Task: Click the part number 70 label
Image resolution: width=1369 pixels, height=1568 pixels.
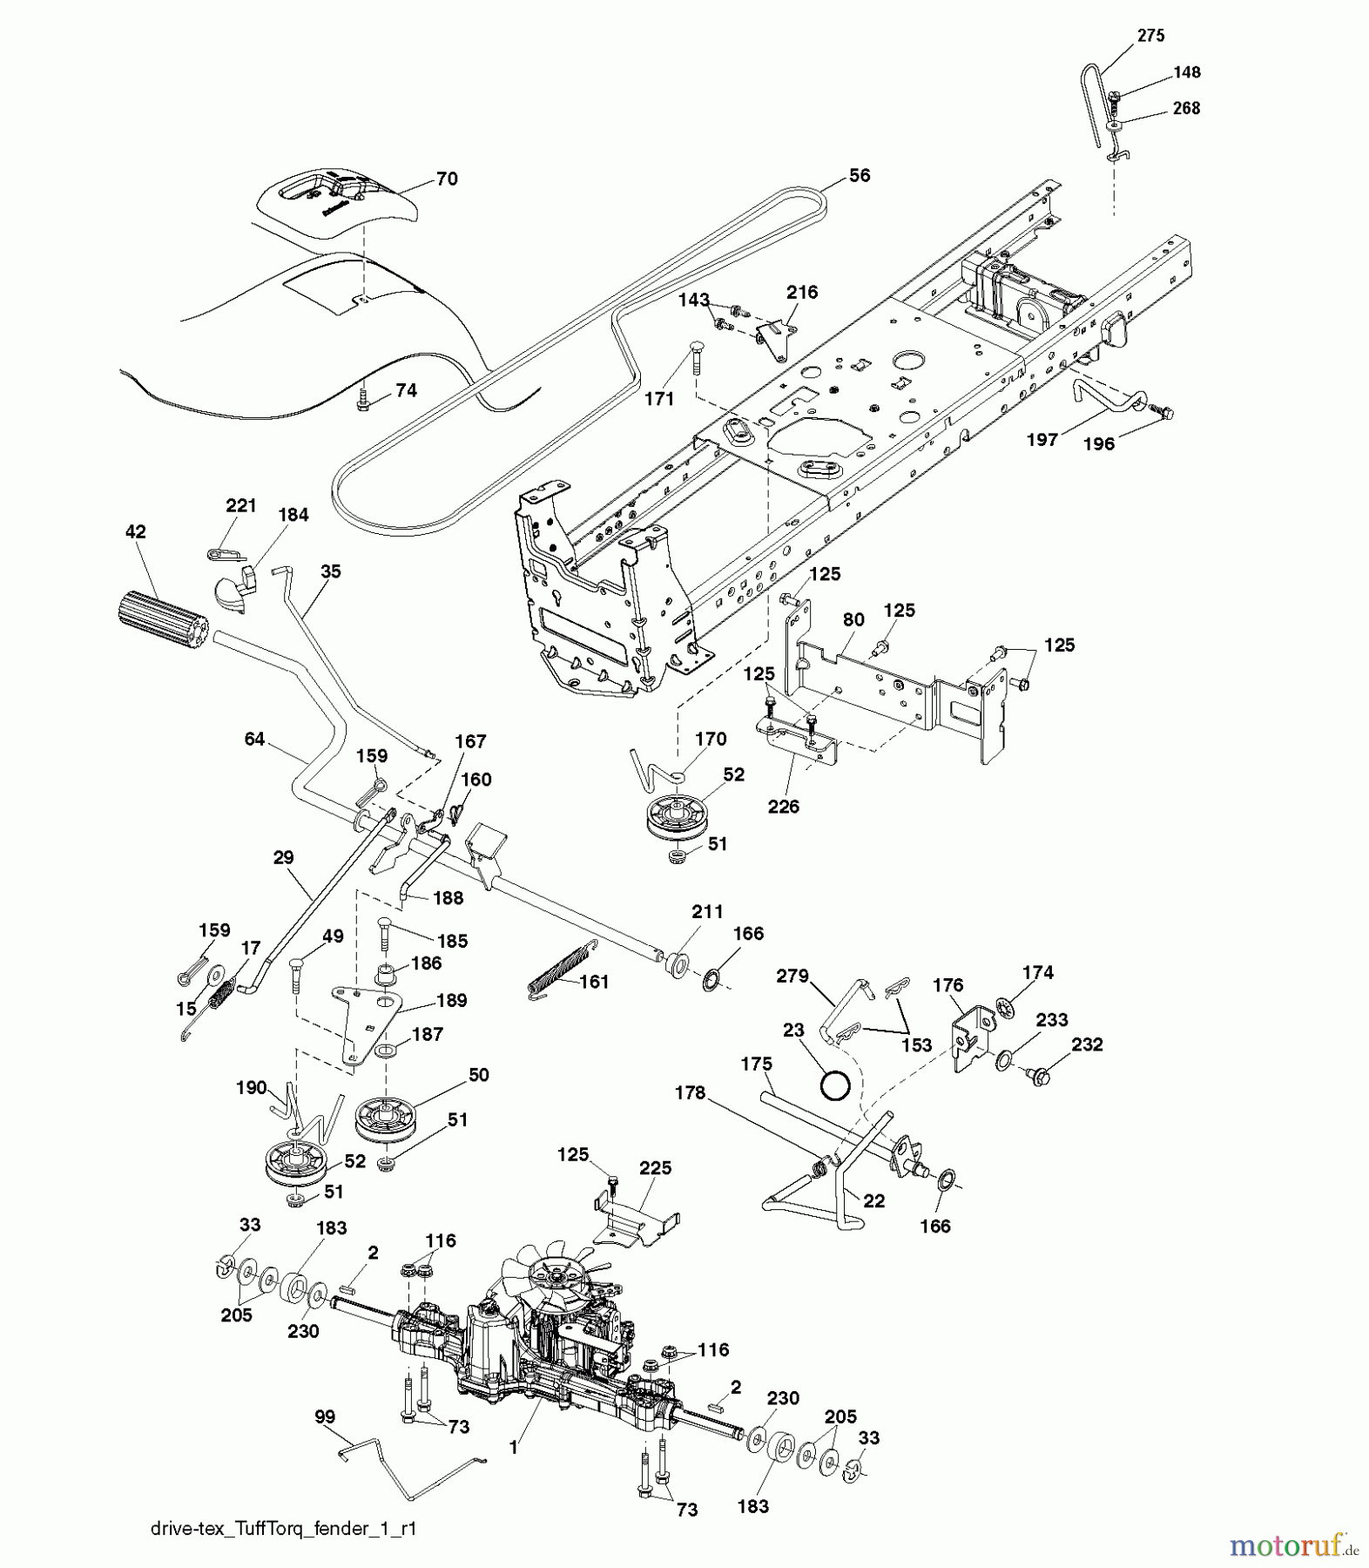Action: point(447,179)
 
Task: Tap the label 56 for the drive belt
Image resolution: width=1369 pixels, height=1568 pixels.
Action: point(859,175)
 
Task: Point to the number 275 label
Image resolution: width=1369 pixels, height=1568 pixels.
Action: point(1150,36)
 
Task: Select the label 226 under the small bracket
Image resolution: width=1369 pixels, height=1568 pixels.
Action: point(783,807)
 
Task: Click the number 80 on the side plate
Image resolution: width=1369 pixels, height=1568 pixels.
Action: point(853,619)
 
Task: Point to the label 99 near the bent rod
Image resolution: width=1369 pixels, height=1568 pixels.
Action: point(325,1417)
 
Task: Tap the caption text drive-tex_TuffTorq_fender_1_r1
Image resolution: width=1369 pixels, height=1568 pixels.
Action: point(283,1529)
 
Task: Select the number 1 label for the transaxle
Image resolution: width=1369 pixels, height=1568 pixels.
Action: point(514,1447)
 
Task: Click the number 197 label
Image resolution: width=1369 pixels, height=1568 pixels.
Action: point(1042,440)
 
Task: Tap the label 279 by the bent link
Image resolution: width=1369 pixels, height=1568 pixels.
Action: point(792,977)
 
